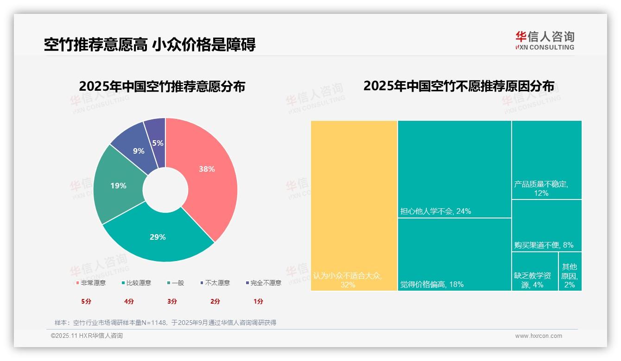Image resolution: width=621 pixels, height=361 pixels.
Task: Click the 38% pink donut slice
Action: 206,169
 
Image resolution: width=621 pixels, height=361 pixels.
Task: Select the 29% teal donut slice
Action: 158,237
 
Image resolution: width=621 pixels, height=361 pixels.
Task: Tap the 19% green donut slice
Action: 118,186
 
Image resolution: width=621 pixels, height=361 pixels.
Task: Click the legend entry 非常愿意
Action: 91,283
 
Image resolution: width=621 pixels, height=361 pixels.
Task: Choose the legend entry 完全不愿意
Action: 263,283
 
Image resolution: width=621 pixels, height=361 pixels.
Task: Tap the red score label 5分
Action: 86,301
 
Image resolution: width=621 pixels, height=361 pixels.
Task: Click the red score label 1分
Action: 258,301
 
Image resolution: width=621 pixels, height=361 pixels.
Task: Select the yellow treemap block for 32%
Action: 354,205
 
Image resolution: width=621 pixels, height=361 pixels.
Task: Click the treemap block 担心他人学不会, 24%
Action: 454,169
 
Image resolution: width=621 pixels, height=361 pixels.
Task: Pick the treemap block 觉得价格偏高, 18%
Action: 454,254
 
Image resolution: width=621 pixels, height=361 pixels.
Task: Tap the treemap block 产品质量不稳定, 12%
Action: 546,160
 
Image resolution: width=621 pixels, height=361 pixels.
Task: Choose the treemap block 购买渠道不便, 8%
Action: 546,225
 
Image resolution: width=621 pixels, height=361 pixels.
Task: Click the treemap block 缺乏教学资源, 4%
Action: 534,271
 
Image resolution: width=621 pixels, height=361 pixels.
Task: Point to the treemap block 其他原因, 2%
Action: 570,271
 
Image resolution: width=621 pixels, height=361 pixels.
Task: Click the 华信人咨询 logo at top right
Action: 545,40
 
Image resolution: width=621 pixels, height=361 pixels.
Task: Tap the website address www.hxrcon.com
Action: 539,336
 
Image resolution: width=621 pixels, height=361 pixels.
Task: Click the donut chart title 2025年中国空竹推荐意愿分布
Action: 162,87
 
